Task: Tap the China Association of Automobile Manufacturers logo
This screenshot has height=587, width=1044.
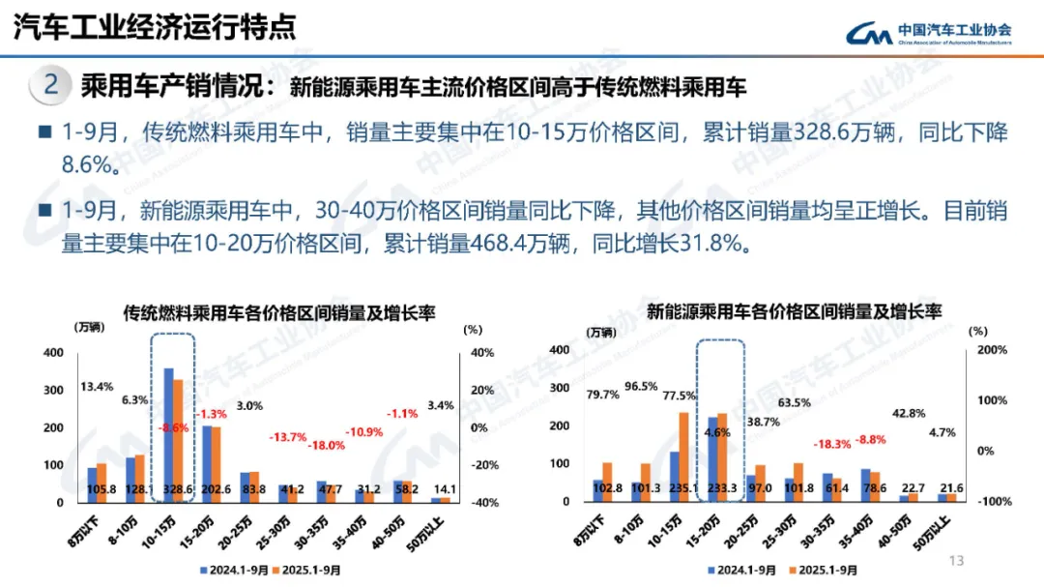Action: coord(928,33)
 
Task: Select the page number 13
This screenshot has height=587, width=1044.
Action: coord(958,561)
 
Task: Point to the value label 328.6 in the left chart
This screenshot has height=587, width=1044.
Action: coord(175,489)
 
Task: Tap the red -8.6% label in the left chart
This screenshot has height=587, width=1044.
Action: coord(175,426)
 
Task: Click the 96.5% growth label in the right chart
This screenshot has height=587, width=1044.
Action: coord(642,387)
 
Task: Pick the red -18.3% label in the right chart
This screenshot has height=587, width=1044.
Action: coord(804,443)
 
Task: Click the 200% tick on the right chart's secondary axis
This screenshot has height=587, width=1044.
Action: coord(993,349)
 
